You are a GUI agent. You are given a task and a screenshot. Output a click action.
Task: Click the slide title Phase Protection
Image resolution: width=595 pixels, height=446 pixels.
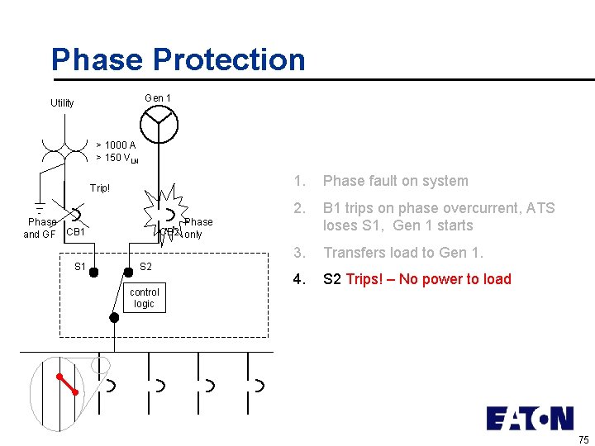(x=178, y=59)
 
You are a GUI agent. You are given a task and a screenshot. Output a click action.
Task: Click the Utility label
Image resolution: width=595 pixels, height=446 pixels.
(x=62, y=103)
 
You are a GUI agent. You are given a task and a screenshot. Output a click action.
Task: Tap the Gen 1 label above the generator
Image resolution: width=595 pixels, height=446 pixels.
(x=158, y=97)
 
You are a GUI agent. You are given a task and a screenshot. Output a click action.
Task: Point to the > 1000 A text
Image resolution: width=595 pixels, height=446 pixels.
(x=116, y=145)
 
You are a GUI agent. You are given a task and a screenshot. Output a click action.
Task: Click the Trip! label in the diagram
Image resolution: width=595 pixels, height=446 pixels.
(x=100, y=188)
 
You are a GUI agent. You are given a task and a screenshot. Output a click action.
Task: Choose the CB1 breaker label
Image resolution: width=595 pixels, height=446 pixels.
(x=76, y=231)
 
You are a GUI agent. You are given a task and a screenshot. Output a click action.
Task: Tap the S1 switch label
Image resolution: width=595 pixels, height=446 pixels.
(x=80, y=267)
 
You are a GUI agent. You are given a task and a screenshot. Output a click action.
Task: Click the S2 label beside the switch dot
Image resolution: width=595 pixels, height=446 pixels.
(x=145, y=267)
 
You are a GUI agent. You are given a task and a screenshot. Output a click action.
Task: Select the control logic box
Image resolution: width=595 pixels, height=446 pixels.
(x=145, y=297)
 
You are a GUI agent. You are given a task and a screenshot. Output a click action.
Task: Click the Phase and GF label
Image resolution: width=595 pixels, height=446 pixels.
(x=40, y=228)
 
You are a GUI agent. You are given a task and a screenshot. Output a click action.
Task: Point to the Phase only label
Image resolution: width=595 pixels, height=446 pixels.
(x=198, y=228)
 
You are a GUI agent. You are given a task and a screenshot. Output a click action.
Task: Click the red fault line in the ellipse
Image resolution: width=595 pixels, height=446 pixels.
(x=68, y=384)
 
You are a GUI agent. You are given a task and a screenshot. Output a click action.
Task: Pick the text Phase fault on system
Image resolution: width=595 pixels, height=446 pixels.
(x=395, y=181)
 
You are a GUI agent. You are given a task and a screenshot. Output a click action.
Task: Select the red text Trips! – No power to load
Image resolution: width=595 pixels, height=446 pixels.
(x=429, y=279)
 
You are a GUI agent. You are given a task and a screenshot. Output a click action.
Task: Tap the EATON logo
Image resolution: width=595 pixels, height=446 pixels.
(x=529, y=418)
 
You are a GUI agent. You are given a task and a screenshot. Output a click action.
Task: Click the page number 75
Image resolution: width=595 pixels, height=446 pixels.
(x=583, y=439)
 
